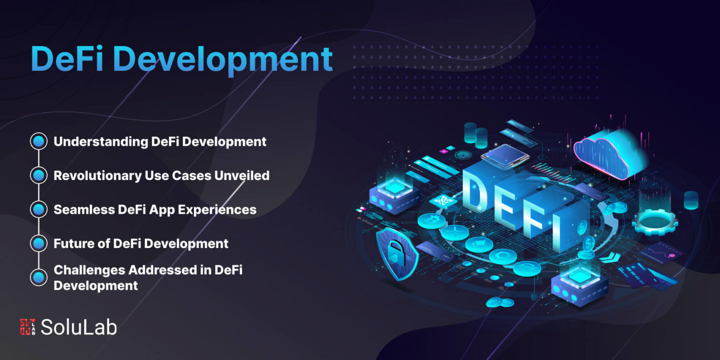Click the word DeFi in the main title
click(67, 59)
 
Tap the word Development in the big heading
click(223, 60)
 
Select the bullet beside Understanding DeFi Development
click(39, 142)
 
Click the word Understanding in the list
click(100, 142)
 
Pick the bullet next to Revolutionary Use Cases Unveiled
click(39, 175)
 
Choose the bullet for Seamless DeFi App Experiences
click(39, 209)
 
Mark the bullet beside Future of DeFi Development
click(39, 243)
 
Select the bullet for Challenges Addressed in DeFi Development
click(39, 277)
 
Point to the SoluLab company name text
click(79, 327)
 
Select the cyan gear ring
click(655, 221)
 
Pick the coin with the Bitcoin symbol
click(431, 221)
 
